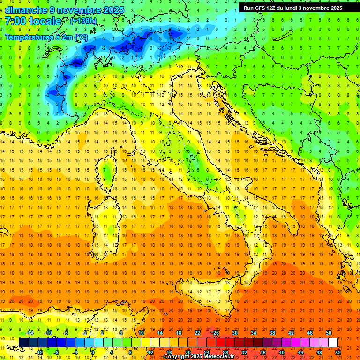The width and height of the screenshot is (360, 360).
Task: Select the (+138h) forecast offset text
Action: coord(83,21)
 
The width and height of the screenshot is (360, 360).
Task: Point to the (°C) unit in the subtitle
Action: coord(80,37)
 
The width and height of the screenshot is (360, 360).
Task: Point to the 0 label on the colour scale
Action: coord(93,352)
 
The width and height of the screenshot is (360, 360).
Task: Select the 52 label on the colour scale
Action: coord(338,352)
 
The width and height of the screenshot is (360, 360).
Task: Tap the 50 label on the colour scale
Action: coord(329,333)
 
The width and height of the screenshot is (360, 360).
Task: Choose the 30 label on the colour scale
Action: coord(235,333)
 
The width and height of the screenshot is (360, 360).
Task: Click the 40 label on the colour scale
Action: coord(282,352)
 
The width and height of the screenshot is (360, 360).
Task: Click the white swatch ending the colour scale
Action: coord(333,343)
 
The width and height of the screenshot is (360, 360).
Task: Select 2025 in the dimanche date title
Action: coord(113,10)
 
